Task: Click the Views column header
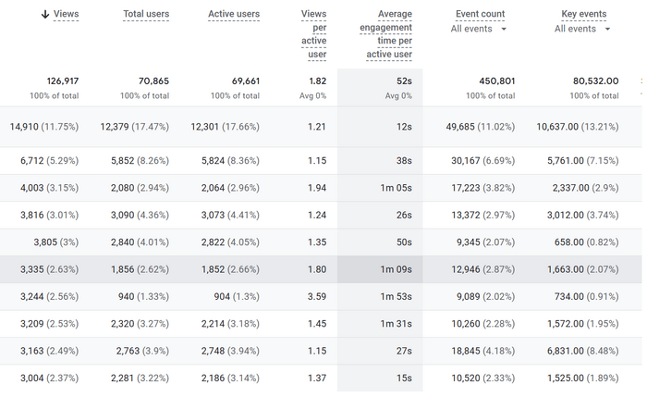click(66, 14)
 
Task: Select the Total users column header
click(146, 14)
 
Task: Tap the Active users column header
click(234, 14)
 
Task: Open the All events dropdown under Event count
click(479, 29)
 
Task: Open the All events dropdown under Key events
click(582, 29)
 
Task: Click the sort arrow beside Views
click(45, 14)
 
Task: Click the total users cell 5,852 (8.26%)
click(134, 160)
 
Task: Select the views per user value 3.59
click(316, 296)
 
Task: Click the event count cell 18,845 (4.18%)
click(481, 351)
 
